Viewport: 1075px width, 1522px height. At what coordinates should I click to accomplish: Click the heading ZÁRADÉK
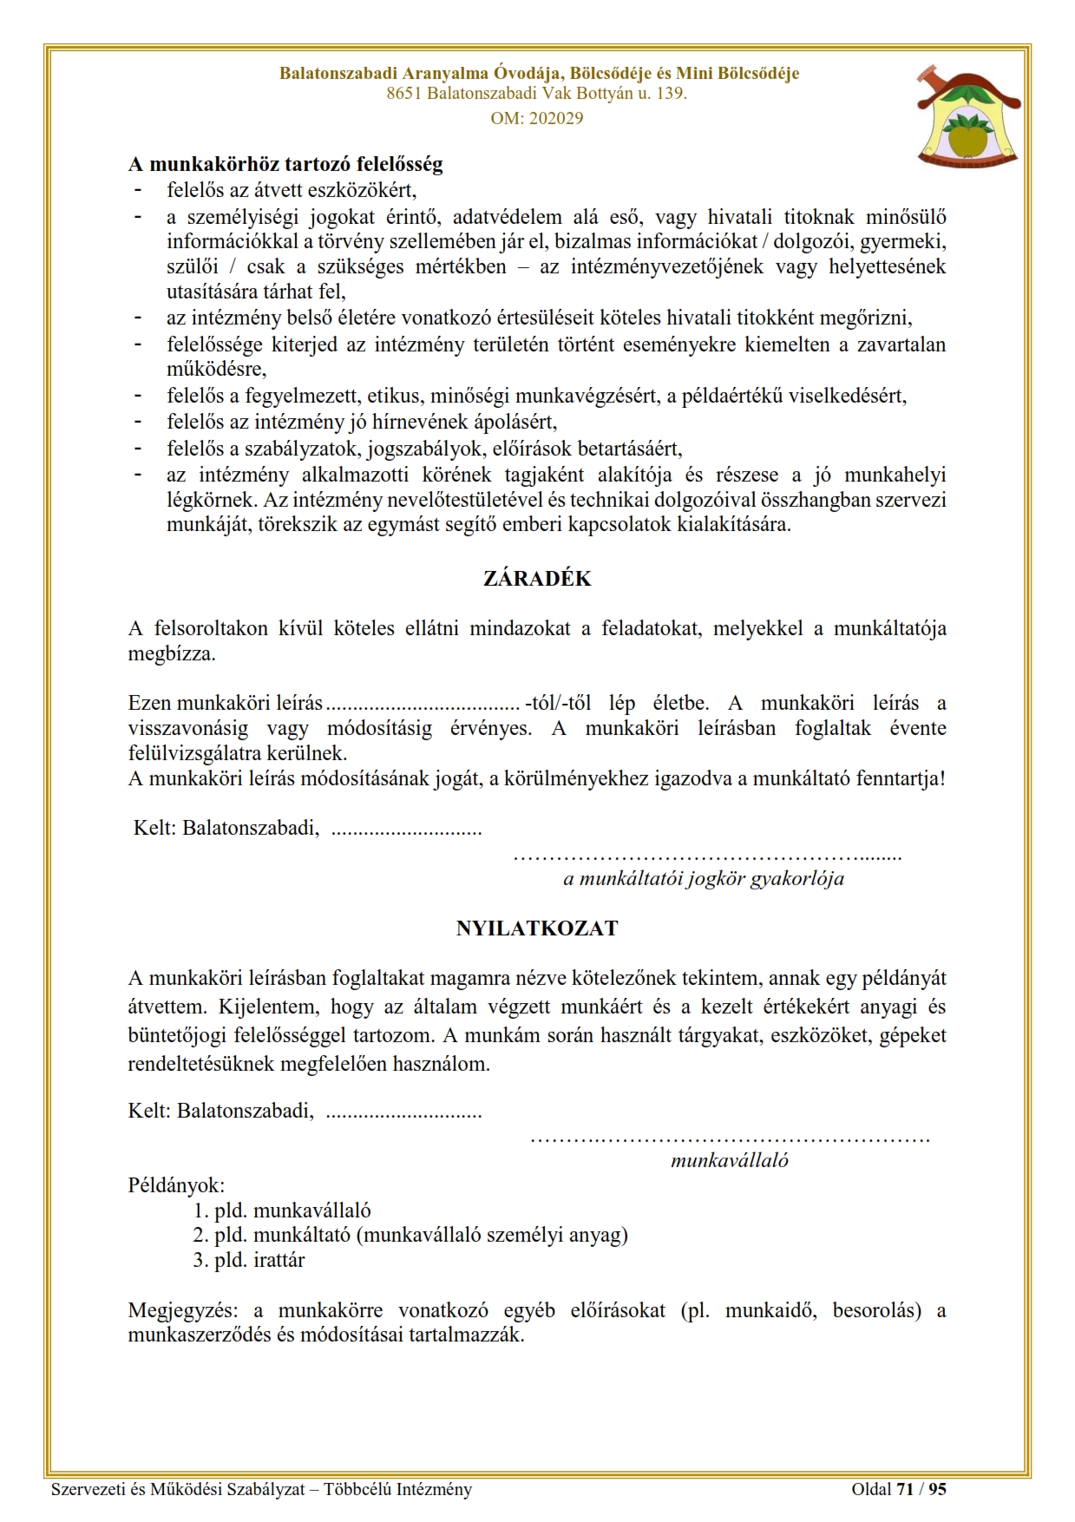[x=537, y=579]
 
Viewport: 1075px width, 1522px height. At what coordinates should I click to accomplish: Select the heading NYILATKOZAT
[x=537, y=928]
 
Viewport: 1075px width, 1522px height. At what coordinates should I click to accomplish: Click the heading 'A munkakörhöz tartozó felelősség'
[x=285, y=163]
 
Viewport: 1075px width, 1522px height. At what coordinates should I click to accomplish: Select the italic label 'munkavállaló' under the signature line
[x=729, y=1160]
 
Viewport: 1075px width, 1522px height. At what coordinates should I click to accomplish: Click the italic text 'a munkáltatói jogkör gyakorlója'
[x=703, y=878]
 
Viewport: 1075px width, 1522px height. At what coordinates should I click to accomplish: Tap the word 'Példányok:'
[x=176, y=1184]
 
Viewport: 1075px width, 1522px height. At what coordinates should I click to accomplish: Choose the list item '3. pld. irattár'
[x=248, y=1260]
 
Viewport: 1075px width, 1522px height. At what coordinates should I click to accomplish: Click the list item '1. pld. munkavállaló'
[x=282, y=1210]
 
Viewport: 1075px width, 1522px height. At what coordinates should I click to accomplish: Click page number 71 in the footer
[x=905, y=1489]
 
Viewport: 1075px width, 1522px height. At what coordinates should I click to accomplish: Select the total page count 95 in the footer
[x=937, y=1489]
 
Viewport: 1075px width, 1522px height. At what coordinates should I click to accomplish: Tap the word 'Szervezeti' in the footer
[x=87, y=1489]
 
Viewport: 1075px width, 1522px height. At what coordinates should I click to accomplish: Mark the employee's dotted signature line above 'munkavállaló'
[x=729, y=1138]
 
